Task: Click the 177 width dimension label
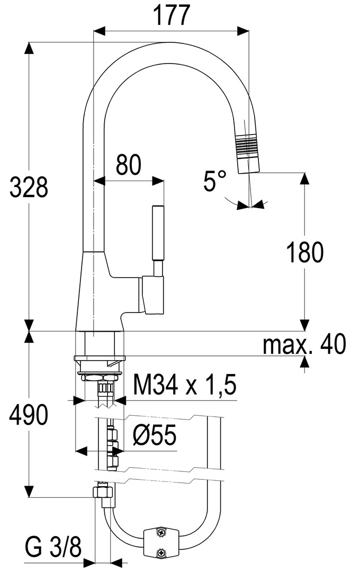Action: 171,15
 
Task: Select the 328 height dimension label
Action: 29,187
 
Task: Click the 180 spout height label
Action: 305,253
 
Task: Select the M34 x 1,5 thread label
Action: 185,385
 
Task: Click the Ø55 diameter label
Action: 155,435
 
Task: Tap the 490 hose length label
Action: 28,415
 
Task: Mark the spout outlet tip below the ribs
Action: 248,165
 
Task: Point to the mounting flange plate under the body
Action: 100,358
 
